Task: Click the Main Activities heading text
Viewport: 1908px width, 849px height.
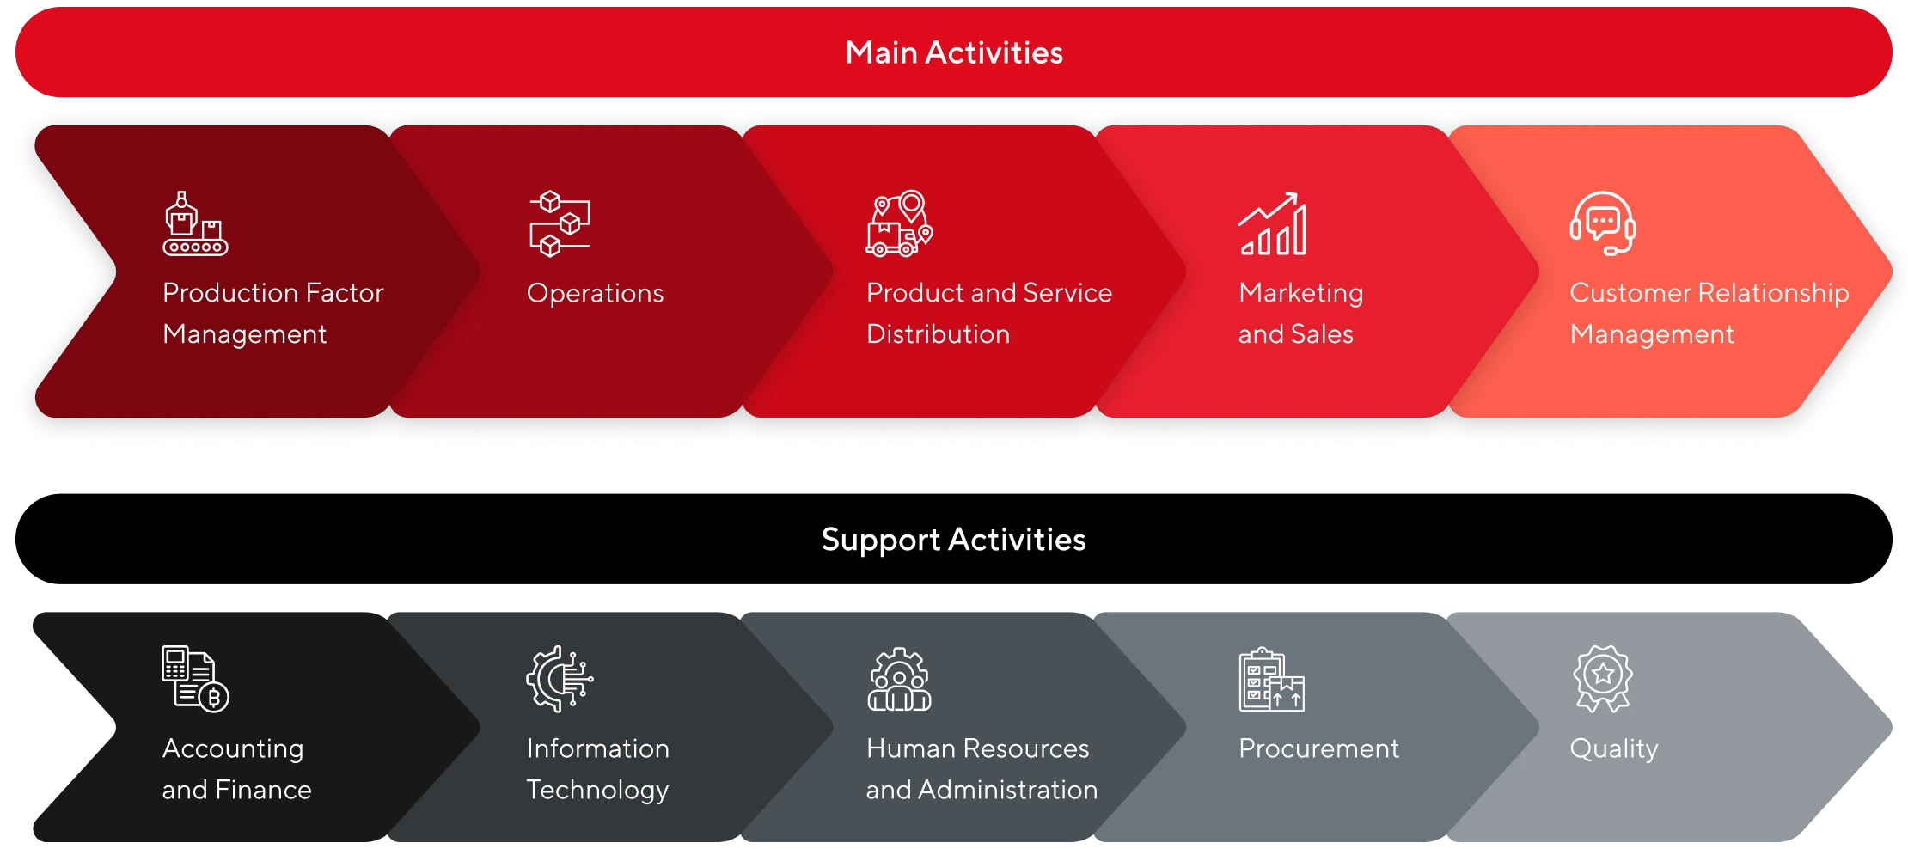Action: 954,52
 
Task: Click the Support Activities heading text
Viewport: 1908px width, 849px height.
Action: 954,540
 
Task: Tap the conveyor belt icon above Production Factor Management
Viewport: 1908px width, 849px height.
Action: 195,223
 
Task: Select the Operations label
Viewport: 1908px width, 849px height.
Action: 595,294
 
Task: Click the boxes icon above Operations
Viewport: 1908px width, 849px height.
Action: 560,223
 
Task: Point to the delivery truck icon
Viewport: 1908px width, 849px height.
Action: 900,223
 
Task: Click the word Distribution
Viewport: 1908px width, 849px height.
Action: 939,334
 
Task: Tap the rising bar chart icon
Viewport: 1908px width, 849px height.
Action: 1273,223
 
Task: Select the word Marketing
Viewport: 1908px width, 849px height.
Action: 1301,294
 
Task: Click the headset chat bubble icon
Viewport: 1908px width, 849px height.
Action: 1603,223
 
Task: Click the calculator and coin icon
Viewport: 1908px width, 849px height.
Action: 195,679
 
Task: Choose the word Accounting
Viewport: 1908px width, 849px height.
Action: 233,749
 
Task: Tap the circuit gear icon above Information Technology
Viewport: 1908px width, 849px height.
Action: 560,679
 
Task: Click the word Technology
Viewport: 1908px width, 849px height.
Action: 597,791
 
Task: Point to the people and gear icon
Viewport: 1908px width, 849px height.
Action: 899,679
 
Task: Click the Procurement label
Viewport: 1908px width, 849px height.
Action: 1318,748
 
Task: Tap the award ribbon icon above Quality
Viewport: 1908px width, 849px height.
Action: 1603,679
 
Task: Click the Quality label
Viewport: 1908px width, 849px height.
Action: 1614,749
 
